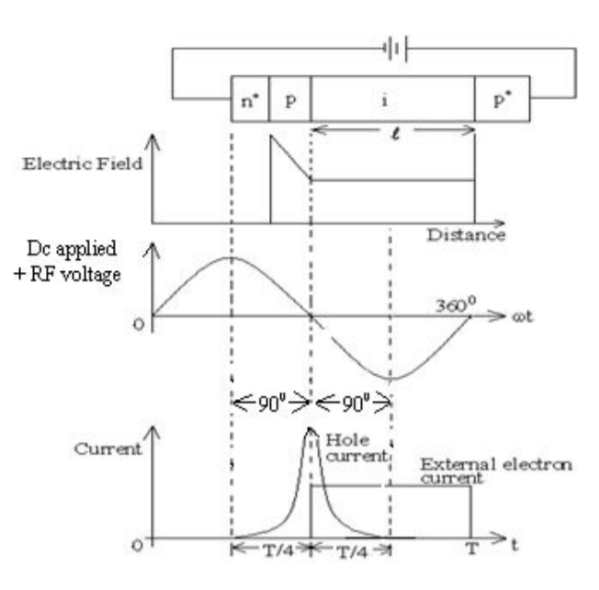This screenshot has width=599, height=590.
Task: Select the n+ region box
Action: click(249, 100)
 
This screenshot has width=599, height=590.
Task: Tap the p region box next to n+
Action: click(290, 100)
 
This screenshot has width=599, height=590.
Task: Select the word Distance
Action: click(465, 234)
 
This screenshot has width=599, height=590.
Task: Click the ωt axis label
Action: click(532, 315)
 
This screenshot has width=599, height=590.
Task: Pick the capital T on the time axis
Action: click(471, 550)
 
